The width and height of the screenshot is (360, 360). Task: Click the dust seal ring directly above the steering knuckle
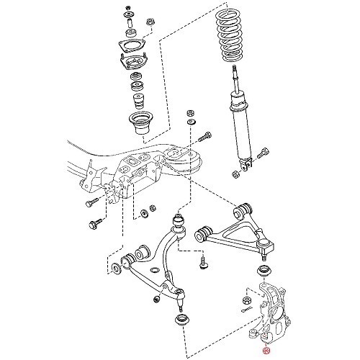tap(262, 270)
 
